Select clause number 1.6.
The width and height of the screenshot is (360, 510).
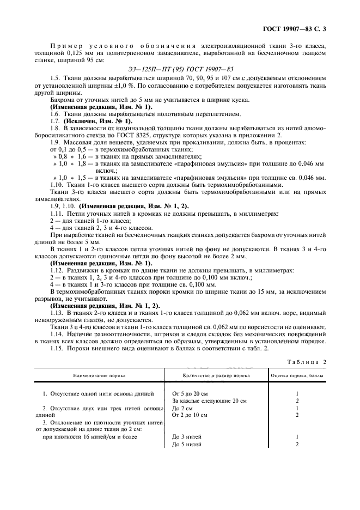point(54,113)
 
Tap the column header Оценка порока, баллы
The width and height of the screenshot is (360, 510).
point(297,376)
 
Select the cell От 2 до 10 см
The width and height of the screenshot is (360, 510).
point(190,415)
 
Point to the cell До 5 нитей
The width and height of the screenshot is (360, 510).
point(187,444)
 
